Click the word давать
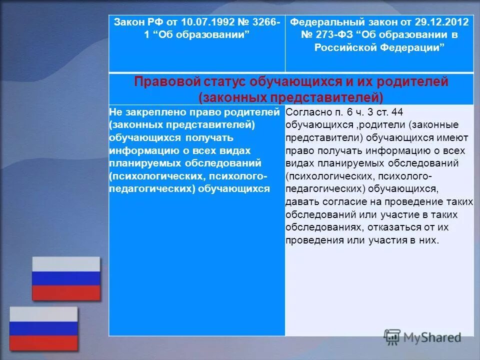click(x=302, y=202)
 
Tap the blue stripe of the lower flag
click(x=43, y=328)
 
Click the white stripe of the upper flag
click(x=66, y=264)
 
